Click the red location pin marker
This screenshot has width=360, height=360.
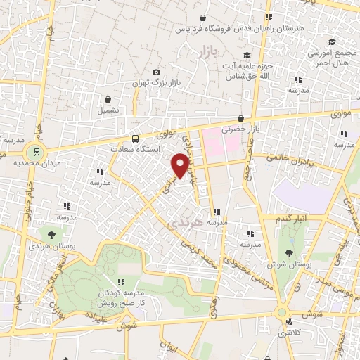point(181,165)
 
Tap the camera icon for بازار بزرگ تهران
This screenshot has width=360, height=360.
point(156,72)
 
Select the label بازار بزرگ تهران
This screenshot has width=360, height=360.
point(155,84)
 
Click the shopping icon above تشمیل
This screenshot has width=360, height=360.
point(108,99)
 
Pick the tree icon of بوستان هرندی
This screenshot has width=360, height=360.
point(52,235)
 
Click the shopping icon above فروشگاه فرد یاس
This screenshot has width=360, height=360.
point(202,18)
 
